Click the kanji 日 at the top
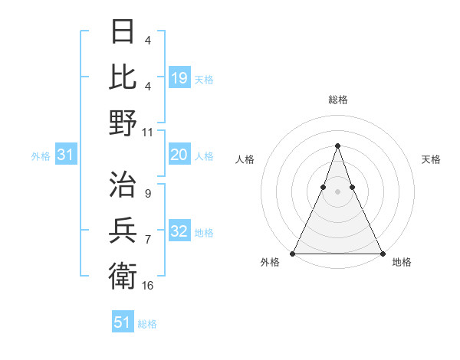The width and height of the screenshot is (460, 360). pos(123,32)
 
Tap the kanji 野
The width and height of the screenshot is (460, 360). pos(123,123)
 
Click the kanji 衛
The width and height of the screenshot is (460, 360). pos(123,273)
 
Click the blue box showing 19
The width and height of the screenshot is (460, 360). pos(179,77)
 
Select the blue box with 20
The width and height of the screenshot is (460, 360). pos(179,155)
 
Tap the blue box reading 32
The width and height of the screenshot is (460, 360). pos(179,231)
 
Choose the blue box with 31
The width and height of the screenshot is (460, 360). pos(65,155)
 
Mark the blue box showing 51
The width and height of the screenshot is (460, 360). pos(123,322)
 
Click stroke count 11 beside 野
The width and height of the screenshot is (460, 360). pos(148,133)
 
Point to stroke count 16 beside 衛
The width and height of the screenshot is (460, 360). pos(148,285)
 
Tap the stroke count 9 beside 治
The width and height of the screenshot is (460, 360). pos(147,194)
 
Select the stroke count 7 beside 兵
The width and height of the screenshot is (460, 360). pos(147,239)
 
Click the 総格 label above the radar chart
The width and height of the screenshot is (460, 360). pos(337,100)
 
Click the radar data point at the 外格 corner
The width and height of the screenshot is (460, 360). pos(293,254)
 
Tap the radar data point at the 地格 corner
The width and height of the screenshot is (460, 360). pos(382,254)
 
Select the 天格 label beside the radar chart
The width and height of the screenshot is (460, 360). pos(432,159)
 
